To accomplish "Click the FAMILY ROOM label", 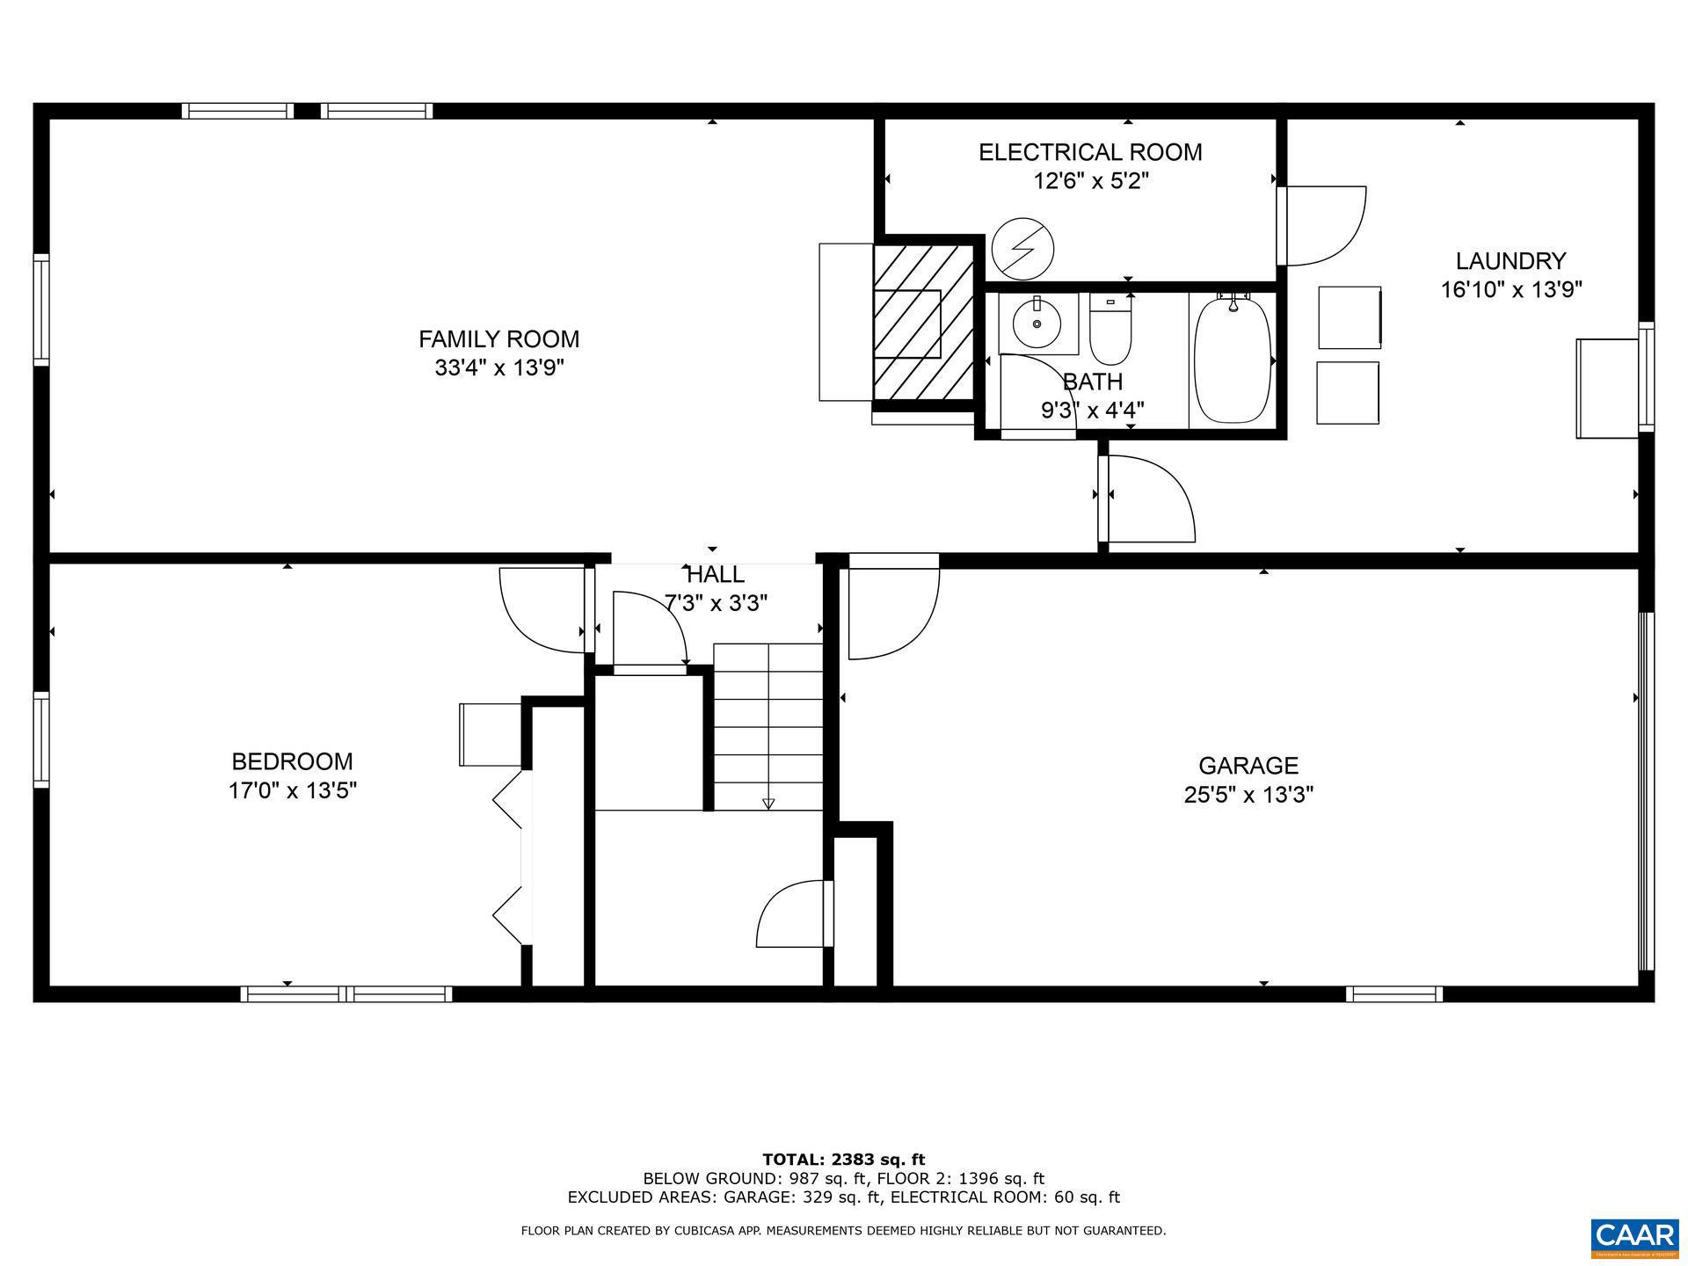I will [x=498, y=338].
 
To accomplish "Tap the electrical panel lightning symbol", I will [x=1022, y=249].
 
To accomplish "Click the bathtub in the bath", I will [x=1233, y=360].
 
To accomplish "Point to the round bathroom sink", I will [x=1037, y=324].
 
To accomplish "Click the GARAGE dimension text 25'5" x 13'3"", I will [x=1248, y=795].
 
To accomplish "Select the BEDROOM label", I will [x=292, y=761].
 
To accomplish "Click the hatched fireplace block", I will [x=923, y=323].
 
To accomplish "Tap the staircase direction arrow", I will [x=768, y=803].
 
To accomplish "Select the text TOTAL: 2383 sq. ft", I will [x=843, y=1160].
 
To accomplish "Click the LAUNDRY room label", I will [x=1510, y=261].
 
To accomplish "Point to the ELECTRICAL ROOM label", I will [x=1090, y=152].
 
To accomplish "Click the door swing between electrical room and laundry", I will [x=1323, y=224].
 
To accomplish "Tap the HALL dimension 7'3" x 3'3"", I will [x=716, y=603].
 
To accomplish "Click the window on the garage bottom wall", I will [x=1393, y=994].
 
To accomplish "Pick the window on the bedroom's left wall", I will [x=41, y=738].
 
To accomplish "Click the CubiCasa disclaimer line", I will [x=843, y=1231].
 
